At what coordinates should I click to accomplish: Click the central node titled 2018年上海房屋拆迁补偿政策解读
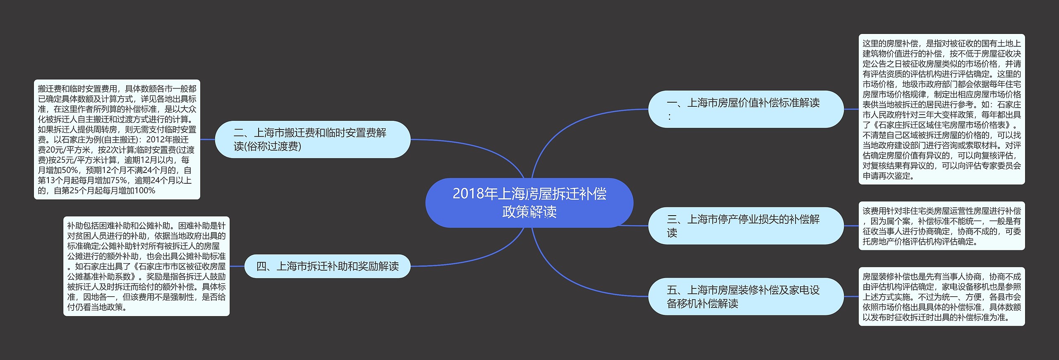click(529, 203)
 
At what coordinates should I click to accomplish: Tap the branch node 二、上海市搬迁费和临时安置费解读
click(312, 139)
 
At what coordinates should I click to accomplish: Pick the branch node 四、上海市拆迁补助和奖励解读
click(327, 266)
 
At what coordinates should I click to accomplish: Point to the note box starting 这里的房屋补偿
click(942, 109)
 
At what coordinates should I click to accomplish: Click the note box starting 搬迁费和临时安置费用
click(117, 139)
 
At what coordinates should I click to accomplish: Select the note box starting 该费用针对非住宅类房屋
click(942, 226)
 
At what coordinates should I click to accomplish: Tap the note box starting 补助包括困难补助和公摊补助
click(146, 266)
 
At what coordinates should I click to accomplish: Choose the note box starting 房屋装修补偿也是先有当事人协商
click(942, 297)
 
